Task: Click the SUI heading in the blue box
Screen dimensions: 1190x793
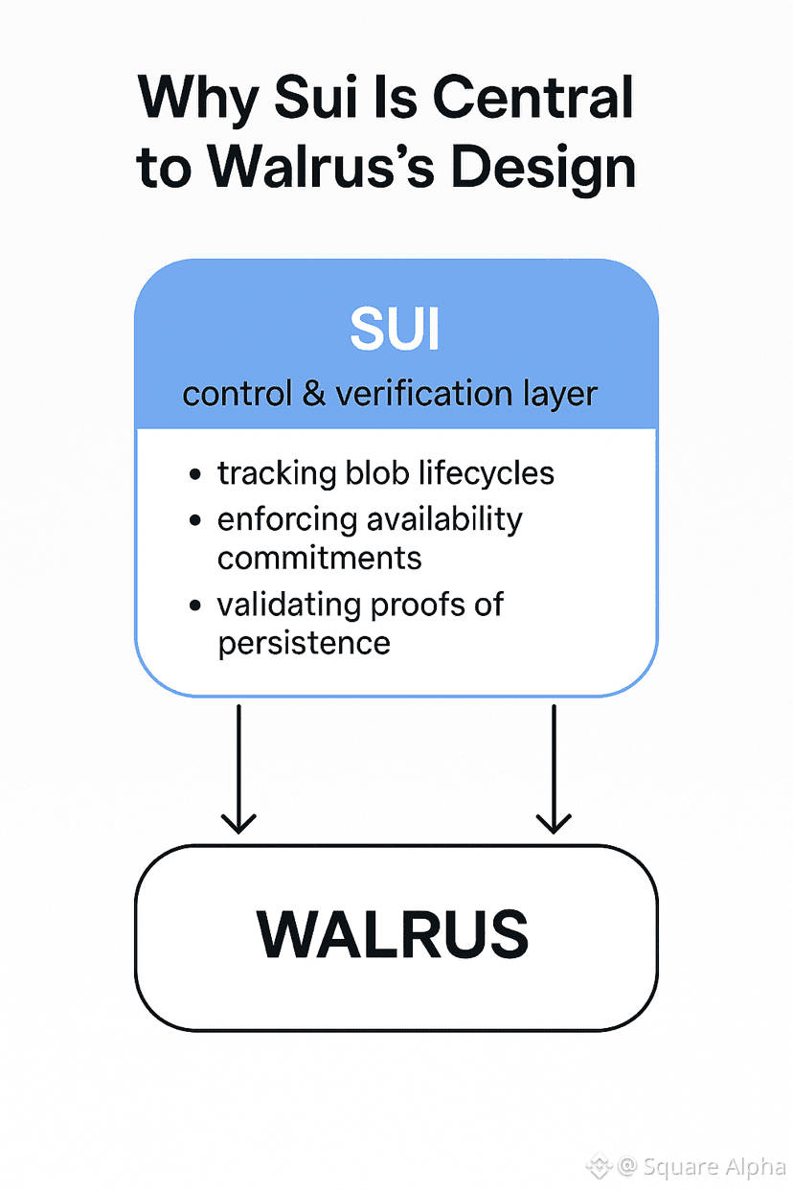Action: pos(396,330)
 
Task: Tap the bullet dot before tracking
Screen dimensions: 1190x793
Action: pos(196,474)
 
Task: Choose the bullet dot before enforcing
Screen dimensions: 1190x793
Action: pos(196,521)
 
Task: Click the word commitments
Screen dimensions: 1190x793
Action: pos(320,558)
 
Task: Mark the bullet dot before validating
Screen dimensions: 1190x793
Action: pos(196,606)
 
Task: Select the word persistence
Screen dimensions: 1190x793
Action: pos(304,642)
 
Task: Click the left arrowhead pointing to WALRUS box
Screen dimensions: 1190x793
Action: pos(238,821)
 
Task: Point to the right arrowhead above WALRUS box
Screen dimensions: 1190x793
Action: pos(554,821)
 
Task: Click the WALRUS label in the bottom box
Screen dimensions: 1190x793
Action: pos(393,935)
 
